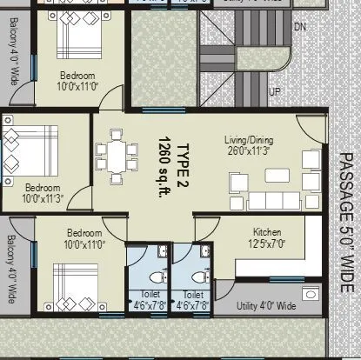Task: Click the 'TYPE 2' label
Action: tap(184, 155)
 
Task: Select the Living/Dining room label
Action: tap(247, 139)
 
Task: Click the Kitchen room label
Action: tap(265, 231)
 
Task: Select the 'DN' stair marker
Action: tap(300, 27)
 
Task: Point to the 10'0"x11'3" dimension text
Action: tap(42, 198)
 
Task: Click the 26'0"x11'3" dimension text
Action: tap(247, 150)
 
